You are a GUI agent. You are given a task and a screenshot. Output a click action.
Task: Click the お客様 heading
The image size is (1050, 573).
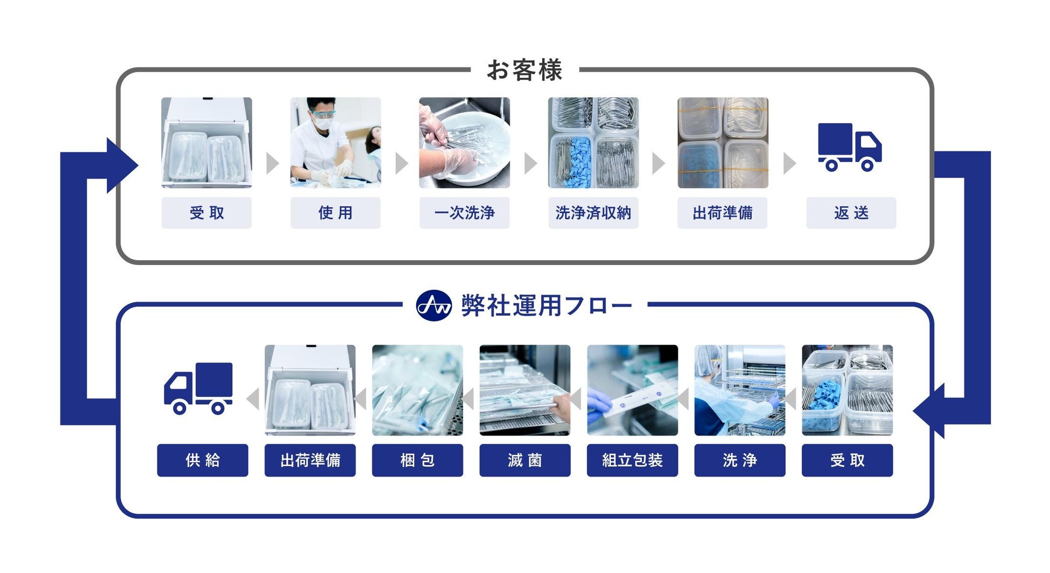[524, 70]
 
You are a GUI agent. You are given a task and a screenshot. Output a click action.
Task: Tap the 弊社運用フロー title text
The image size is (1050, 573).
[547, 306]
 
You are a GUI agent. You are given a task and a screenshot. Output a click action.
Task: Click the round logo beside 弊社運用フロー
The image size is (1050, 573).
[434, 305]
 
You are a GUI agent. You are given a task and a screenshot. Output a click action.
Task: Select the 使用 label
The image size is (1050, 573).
[335, 213]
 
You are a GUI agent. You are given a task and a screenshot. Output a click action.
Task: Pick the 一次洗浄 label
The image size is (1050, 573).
[464, 213]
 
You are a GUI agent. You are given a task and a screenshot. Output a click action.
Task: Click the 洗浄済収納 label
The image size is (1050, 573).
[593, 213]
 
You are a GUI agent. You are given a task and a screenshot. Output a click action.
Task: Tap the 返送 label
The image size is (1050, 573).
[851, 213]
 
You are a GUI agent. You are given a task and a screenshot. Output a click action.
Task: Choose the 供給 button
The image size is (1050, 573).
[202, 460]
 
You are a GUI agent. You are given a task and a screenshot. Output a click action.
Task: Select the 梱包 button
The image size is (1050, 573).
[417, 460]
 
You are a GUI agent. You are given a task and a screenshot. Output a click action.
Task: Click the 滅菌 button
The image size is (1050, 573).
[525, 460]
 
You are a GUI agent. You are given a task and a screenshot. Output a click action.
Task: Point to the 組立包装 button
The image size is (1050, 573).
[632, 460]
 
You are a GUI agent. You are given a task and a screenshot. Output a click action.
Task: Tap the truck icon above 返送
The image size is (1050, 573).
[850, 147]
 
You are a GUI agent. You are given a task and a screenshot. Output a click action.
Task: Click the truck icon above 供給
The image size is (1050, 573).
[198, 388]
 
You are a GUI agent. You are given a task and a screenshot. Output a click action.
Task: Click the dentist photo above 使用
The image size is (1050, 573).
[335, 143]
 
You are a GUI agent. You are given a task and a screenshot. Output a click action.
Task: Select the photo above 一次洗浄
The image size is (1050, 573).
[464, 143]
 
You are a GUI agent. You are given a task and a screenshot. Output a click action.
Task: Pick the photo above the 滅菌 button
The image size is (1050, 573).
[525, 390]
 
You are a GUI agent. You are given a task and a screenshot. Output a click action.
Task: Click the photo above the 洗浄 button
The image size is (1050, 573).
[740, 390]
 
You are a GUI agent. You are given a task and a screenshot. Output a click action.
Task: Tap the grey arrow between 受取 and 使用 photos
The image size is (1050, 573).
[272, 163]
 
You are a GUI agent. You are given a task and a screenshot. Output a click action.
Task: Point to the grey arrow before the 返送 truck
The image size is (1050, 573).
[789, 163]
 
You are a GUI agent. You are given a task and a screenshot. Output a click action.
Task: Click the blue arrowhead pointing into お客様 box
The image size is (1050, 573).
[122, 165]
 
